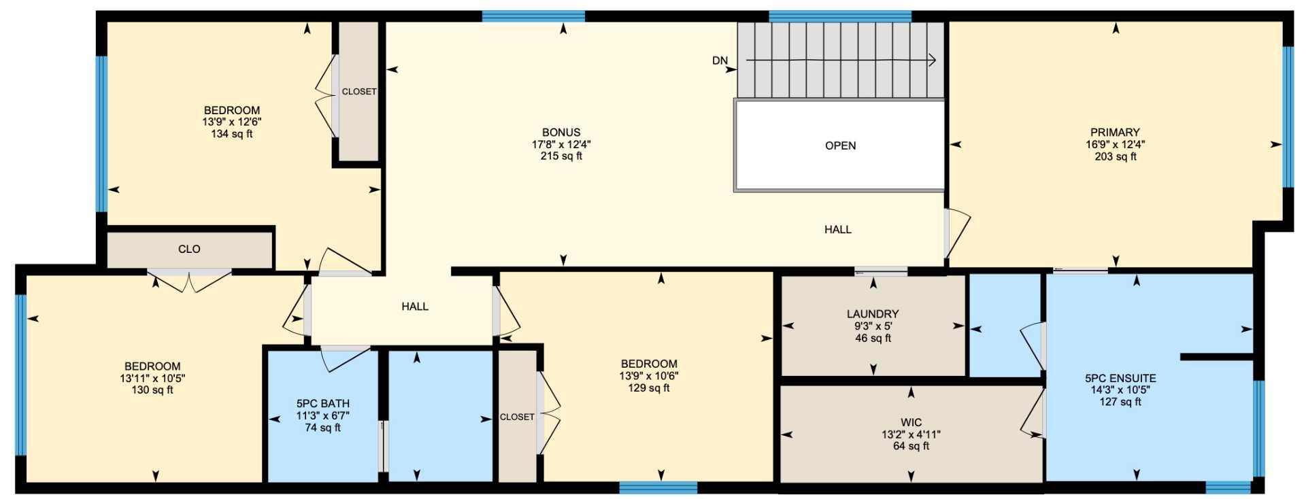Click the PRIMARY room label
pos(1114,133)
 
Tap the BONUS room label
pos(561,133)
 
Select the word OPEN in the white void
pos(840,145)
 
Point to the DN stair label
pos(720,61)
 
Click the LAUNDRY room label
pos(873,314)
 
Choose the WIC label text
pos(911,423)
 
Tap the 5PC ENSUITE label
pos(1120,379)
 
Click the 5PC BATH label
pos(322,404)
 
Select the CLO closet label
pos(189,249)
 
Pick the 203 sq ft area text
pos(1115,157)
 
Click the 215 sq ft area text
pos(561,156)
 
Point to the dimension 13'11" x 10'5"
pos(152,379)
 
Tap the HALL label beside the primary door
pos(837,230)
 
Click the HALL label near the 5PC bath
pos(414,307)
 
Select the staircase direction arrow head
pos(933,61)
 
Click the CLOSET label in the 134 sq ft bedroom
pos(358,92)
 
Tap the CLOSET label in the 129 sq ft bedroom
pos(517,417)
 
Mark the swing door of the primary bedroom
pos(958,235)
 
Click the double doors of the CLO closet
pos(190,280)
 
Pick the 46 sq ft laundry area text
pos(873,339)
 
